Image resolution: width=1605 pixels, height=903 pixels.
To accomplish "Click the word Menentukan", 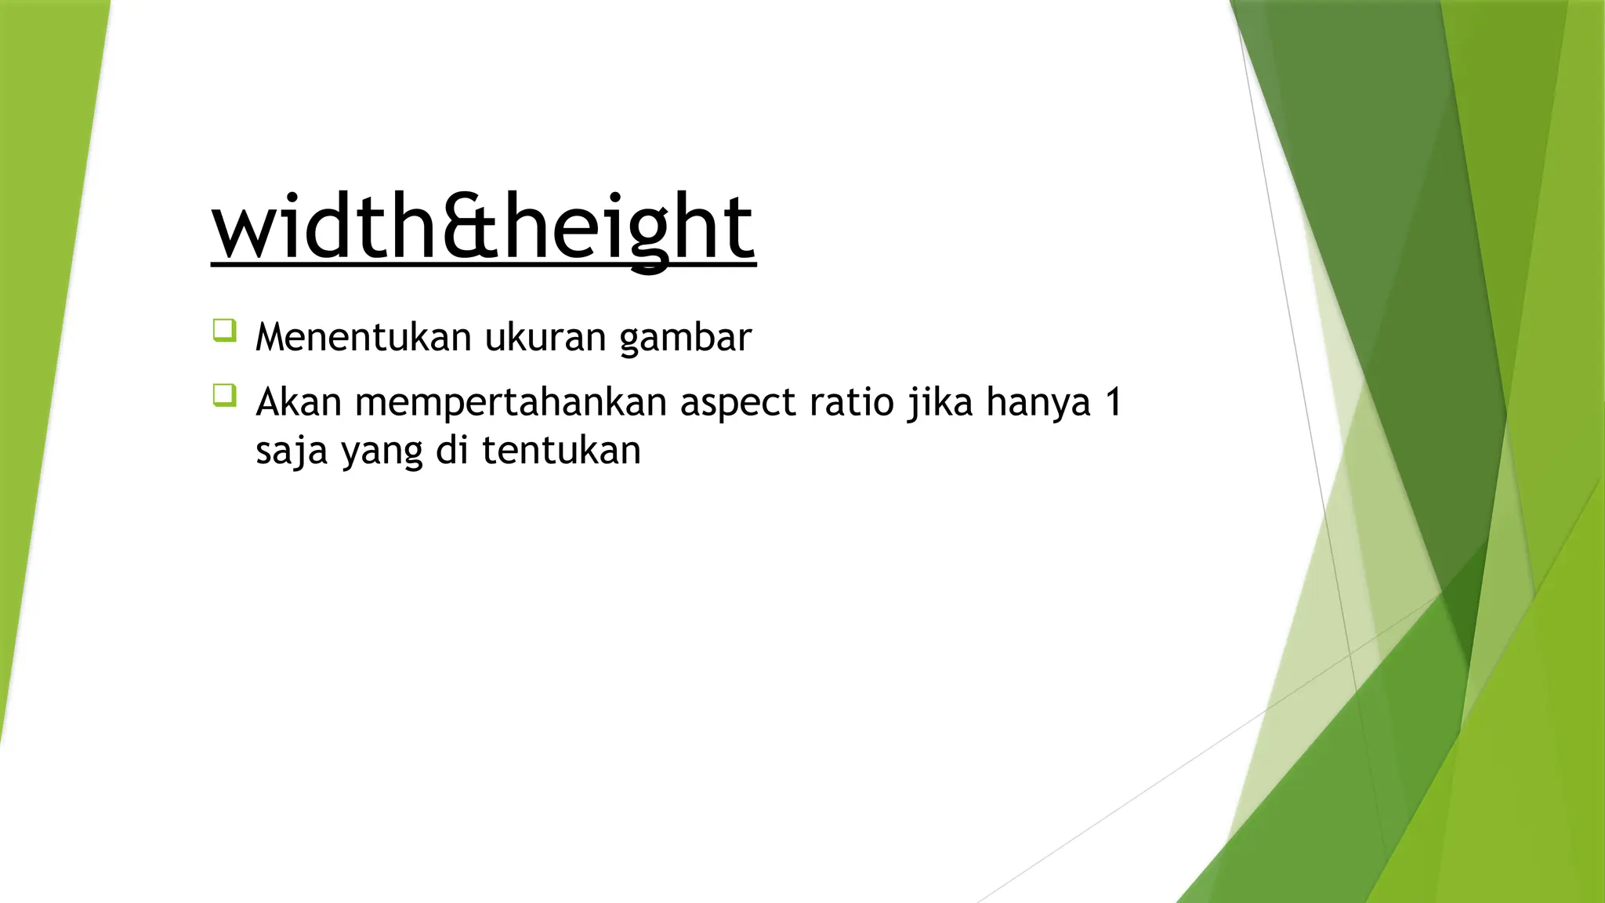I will coord(364,337).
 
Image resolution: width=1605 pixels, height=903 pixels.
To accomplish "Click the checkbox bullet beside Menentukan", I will coord(224,330).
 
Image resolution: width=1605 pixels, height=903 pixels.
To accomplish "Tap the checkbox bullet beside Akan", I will coord(224,395).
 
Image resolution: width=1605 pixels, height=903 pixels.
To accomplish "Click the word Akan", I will coord(299,402).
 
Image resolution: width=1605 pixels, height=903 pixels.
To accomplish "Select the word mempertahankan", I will coord(511,403).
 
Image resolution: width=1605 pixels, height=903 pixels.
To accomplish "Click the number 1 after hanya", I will coord(1114,402).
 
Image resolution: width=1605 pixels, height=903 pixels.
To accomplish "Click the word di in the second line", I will coord(451,451).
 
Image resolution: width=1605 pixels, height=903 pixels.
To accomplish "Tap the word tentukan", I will coord(561,451).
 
